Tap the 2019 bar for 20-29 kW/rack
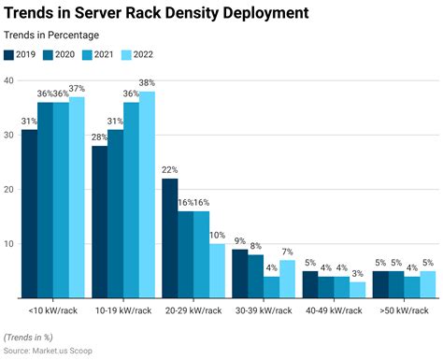[169, 238]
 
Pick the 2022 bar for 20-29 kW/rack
[217, 271]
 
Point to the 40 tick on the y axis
[8, 80]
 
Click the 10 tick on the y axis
[8, 244]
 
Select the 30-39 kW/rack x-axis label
[263, 310]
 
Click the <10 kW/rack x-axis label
[52, 310]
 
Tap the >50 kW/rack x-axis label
[403, 310]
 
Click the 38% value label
[147, 83]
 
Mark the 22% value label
[169, 170]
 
